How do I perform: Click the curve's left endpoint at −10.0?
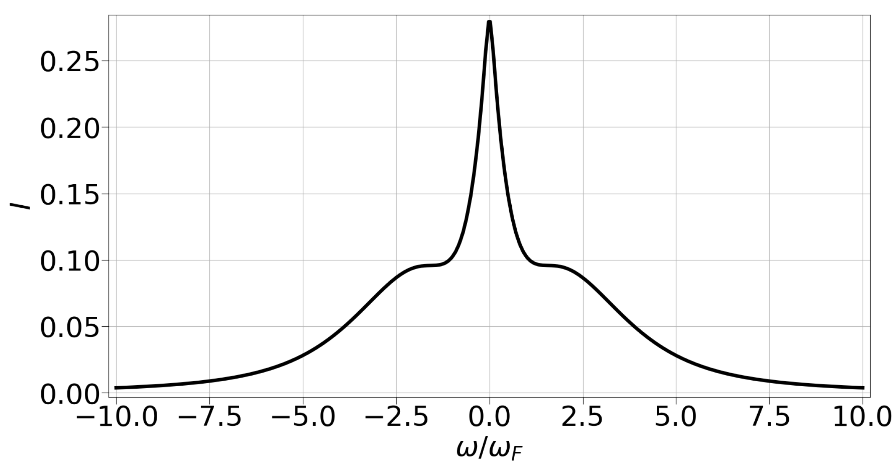point(116,387)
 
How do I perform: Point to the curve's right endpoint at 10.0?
point(863,387)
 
